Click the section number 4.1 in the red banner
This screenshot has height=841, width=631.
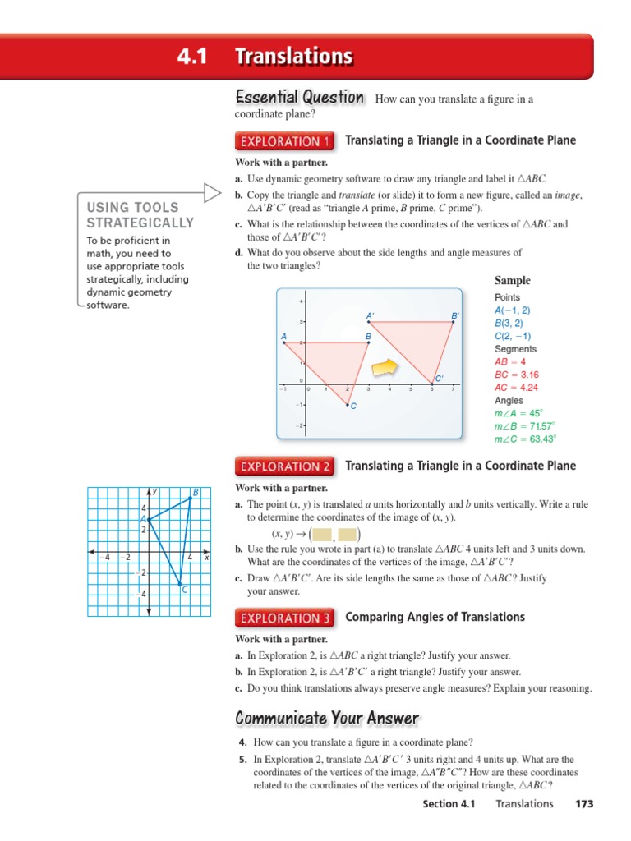[x=192, y=57]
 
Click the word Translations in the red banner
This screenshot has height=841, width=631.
[x=293, y=57]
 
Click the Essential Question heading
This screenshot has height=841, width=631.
[x=300, y=98]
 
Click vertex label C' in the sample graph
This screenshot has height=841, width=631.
[x=440, y=379]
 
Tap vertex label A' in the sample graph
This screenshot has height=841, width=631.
[x=371, y=315]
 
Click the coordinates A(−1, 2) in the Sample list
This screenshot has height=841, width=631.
[x=513, y=310]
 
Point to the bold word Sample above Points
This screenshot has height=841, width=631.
[x=513, y=280]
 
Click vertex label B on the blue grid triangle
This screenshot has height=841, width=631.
[x=196, y=492]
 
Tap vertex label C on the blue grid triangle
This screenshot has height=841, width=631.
[x=185, y=590]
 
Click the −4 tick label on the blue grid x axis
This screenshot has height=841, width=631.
[x=104, y=558]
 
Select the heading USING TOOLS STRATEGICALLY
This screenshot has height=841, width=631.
[x=140, y=215]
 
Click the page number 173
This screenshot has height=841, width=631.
[x=583, y=803]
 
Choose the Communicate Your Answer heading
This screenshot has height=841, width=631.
[x=327, y=719]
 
